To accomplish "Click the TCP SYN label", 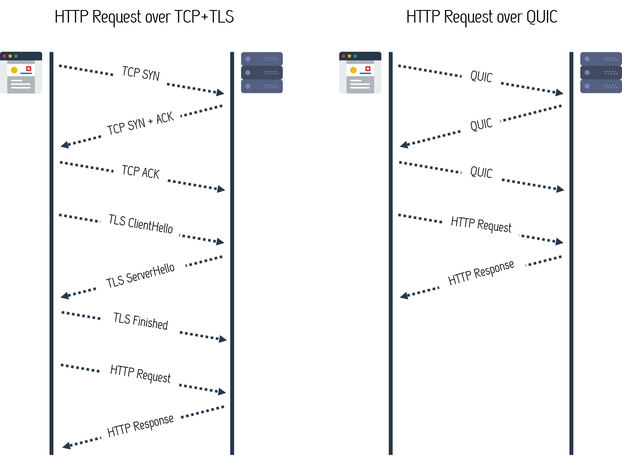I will [x=141, y=74].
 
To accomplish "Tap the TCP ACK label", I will [x=141, y=172].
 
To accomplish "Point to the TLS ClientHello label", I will [x=140, y=224].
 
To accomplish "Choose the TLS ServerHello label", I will [x=140, y=275].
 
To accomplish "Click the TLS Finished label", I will [x=140, y=321].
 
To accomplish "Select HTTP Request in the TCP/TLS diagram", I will [x=140, y=374].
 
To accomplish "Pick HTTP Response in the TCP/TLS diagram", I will [x=140, y=425].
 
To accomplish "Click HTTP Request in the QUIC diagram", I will [x=481, y=225].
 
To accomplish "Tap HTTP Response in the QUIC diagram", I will [x=481, y=273].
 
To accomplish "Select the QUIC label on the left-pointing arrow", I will [x=481, y=125].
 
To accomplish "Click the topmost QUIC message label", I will [x=481, y=77].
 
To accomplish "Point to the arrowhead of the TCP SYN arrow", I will [x=221, y=92].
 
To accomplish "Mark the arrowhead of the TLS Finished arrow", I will [x=223, y=339].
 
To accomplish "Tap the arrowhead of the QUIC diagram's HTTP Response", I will [x=404, y=296].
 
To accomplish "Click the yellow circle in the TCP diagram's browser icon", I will [x=14, y=70].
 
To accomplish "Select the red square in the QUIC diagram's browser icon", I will [x=368, y=69].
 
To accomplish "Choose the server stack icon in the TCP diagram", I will [x=262, y=73].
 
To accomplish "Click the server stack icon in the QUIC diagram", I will [x=601, y=73].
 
